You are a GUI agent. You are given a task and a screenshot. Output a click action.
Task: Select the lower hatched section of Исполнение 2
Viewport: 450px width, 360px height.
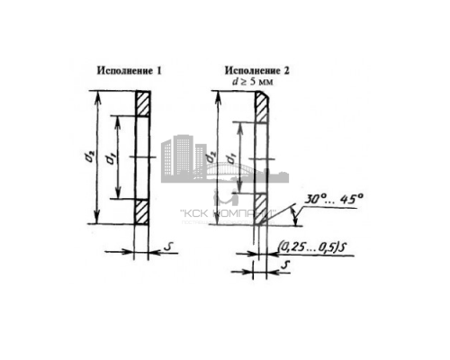coord(260,210)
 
